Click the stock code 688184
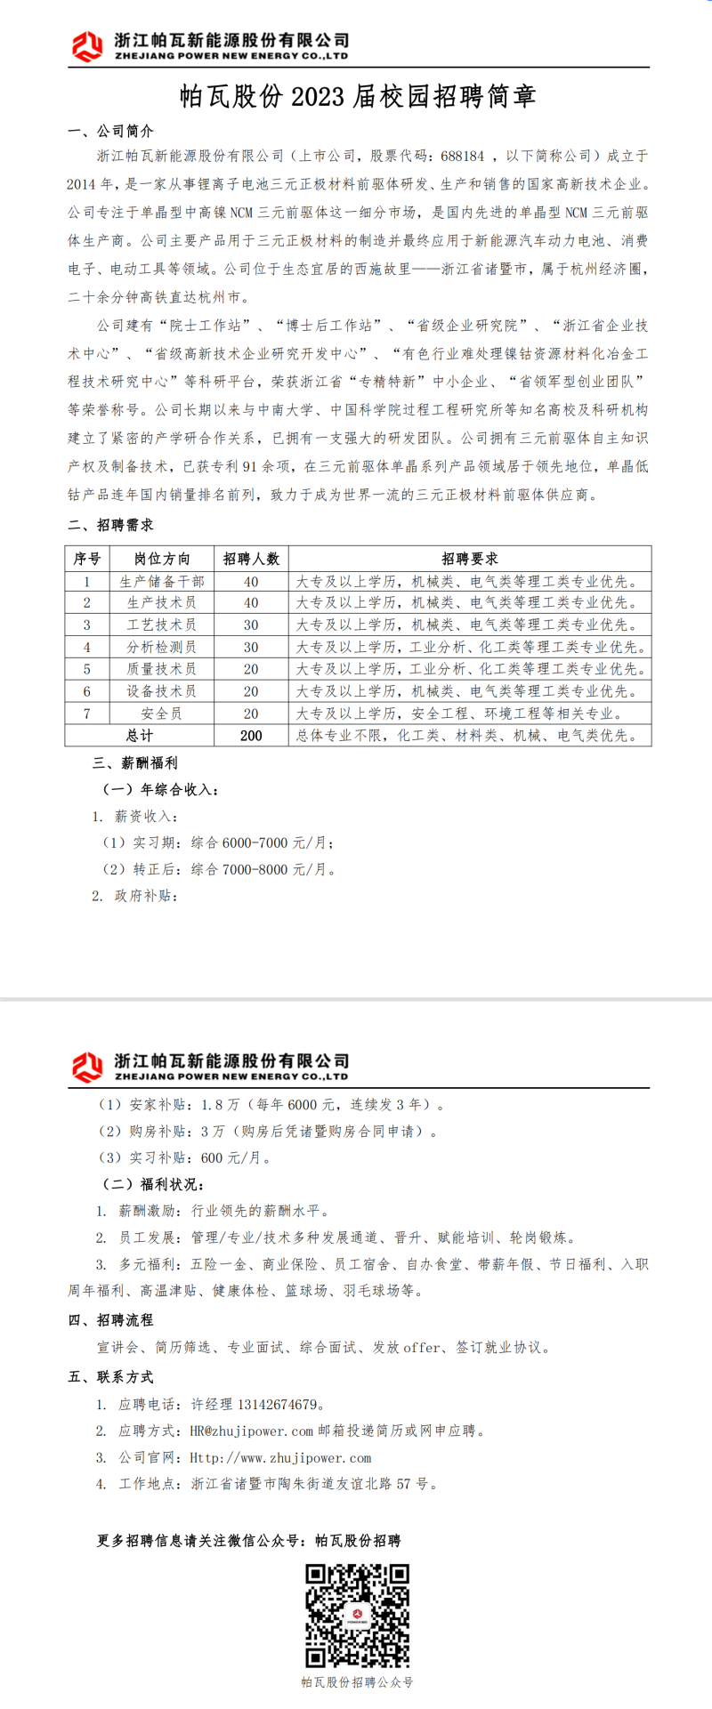pyautogui.click(x=463, y=156)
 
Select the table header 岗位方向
pyautogui.click(x=162, y=559)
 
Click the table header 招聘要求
pyautogui.click(x=470, y=559)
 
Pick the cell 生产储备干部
pyautogui.click(x=162, y=581)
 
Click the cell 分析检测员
pyautogui.click(x=162, y=647)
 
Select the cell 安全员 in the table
pyautogui.click(x=162, y=713)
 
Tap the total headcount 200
pyautogui.click(x=251, y=736)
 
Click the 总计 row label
pyautogui.click(x=140, y=736)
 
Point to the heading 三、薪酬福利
pyautogui.click(x=135, y=763)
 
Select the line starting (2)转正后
pyautogui.click(x=218, y=869)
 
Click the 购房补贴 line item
pyautogui.click(x=267, y=1132)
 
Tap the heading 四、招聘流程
pyautogui.click(x=110, y=1320)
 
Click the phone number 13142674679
pyautogui.click(x=277, y=1405)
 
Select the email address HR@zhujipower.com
pyautogui.click(x=252, y=1431)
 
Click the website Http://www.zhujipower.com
pyautogui.click(x=280, y=1458)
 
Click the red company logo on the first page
pyautogui.click(x=87, y=44)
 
